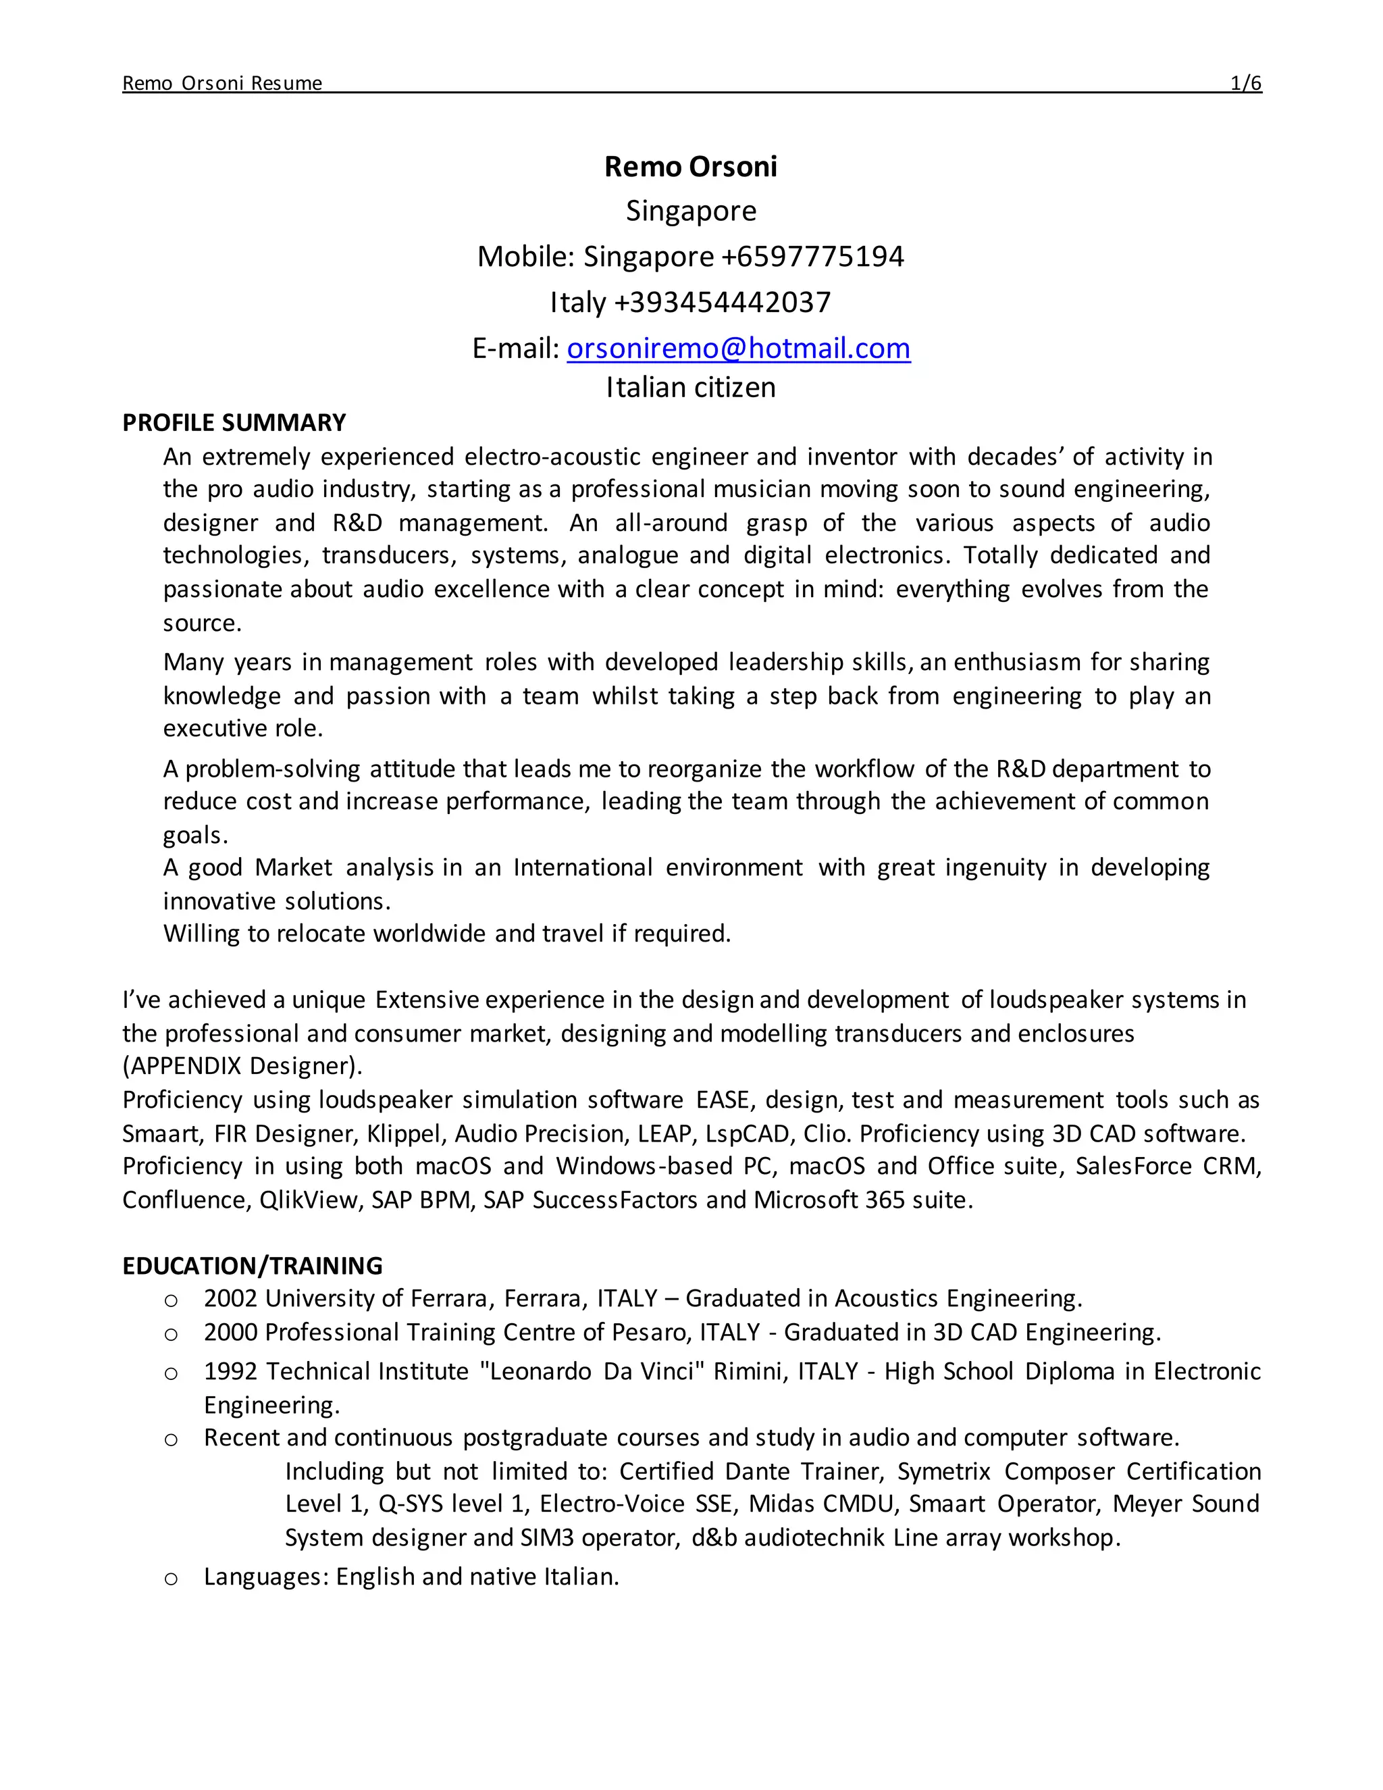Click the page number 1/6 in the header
click(1245, 83)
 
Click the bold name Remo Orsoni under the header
click(691, 166)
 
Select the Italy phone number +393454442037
click(722, 303)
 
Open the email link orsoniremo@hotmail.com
click(738, 349)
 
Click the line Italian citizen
click(691, 388)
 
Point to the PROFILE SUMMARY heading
click(234, 423)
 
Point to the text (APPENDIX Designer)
click(242, 1067)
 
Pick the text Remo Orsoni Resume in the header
click(222, 83)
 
